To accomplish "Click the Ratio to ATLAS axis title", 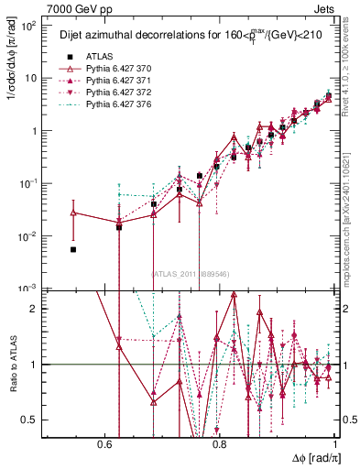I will pos(12,365).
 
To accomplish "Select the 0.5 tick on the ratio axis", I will pos(33,420).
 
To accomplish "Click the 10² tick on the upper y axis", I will pos(30,26).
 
